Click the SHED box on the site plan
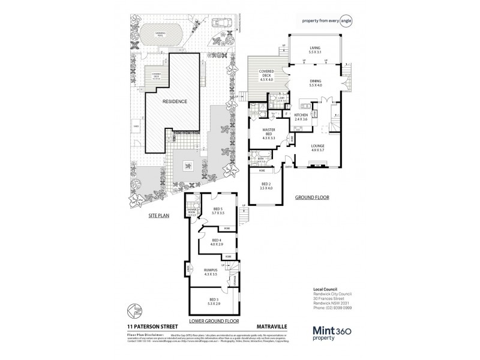click(138, 127)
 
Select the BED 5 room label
click(218, 211)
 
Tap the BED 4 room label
click(217, 242)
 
